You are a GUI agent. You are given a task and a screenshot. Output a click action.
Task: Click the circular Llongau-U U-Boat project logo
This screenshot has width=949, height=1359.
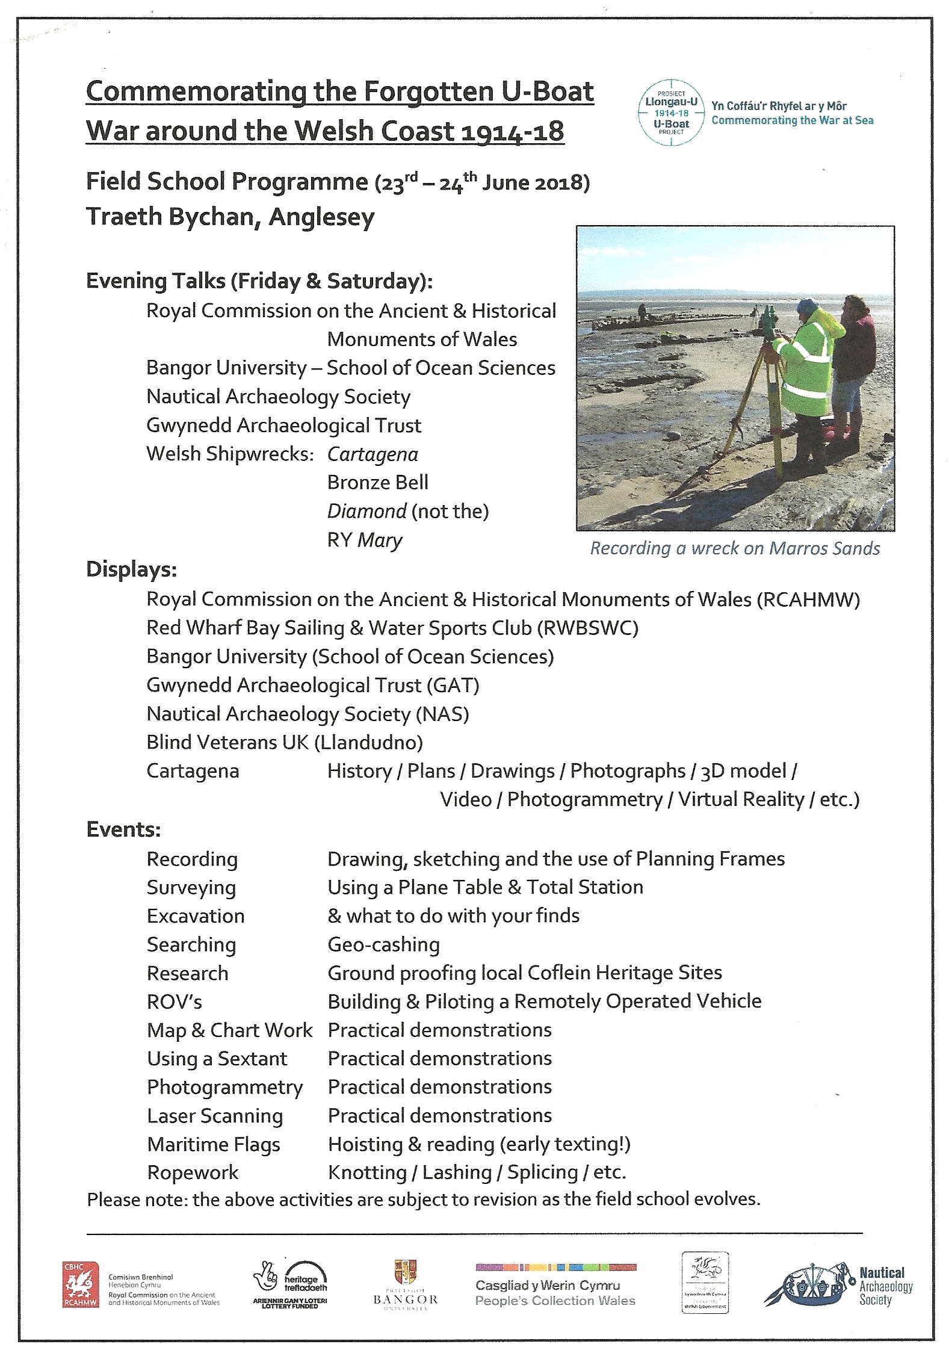(x=671, y=113)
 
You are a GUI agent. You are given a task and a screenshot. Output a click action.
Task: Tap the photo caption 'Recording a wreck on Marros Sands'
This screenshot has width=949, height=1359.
(x=735, y=548)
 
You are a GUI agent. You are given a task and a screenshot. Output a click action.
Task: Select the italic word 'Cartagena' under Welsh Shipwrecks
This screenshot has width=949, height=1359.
(x=372, y=454)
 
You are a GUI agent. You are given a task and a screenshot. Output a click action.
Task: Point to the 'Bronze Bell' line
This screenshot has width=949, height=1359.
(x=378, y=483)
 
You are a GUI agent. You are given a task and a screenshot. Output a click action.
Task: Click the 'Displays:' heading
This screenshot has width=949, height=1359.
(x=131, y=569)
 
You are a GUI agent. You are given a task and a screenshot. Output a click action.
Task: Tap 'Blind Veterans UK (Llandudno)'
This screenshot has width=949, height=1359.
(x=285, y=742)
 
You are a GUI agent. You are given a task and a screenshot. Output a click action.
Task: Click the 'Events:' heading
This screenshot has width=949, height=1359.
(x=123, y=829)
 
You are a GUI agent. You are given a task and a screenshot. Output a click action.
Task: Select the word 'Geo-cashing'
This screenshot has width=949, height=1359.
(x=383, y=944)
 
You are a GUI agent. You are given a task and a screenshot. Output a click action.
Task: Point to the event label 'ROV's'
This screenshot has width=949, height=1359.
(x=174, y=1001)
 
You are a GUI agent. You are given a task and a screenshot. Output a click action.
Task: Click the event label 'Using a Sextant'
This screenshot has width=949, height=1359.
(x=217, y=1059)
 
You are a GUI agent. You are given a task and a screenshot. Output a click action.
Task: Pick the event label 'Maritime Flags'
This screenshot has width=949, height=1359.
(x=214, y=1144)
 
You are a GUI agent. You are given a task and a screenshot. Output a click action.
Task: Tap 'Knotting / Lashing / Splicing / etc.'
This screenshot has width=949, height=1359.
(x=477, y=1172)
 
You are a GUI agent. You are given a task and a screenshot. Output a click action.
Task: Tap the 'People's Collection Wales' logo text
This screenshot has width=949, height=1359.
(x=555, y=1301)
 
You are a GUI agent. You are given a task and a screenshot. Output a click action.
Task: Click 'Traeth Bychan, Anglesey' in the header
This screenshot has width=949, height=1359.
(x=230, y=217)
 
